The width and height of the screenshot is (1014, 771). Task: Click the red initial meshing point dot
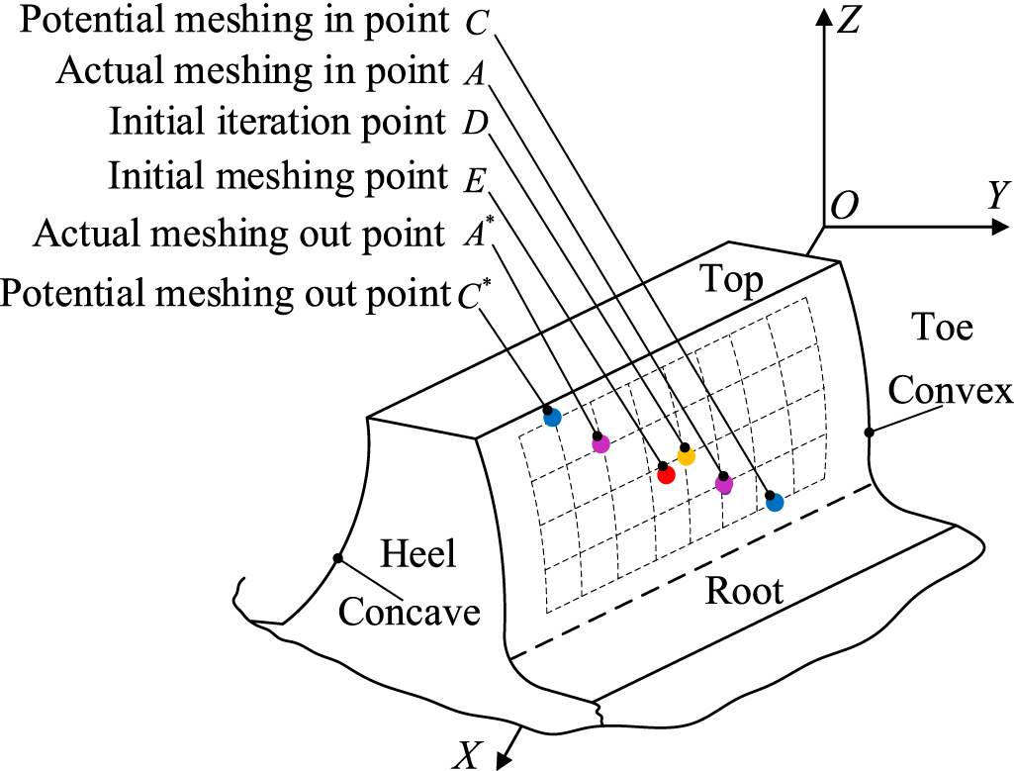[x=666, y=474]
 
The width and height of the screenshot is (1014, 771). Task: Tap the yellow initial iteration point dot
[x=686, y=455]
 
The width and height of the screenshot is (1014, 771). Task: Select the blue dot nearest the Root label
[x=775, y=502]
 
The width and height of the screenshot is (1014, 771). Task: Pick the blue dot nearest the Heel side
[x=552, y=417]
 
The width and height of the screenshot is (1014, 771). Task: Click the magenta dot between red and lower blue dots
[x=724, y=484]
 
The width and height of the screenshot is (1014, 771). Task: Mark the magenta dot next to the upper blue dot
[x=600, y=443]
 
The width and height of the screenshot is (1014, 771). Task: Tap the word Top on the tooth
[x=733, y=281]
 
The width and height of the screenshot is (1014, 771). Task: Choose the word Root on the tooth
[x=743, y=591]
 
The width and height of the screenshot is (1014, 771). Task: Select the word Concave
[x=410, y=612]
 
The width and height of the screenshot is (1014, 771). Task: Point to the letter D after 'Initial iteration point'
[x=471, y=124]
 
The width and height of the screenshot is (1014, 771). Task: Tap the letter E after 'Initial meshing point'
[x=472, y=178]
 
